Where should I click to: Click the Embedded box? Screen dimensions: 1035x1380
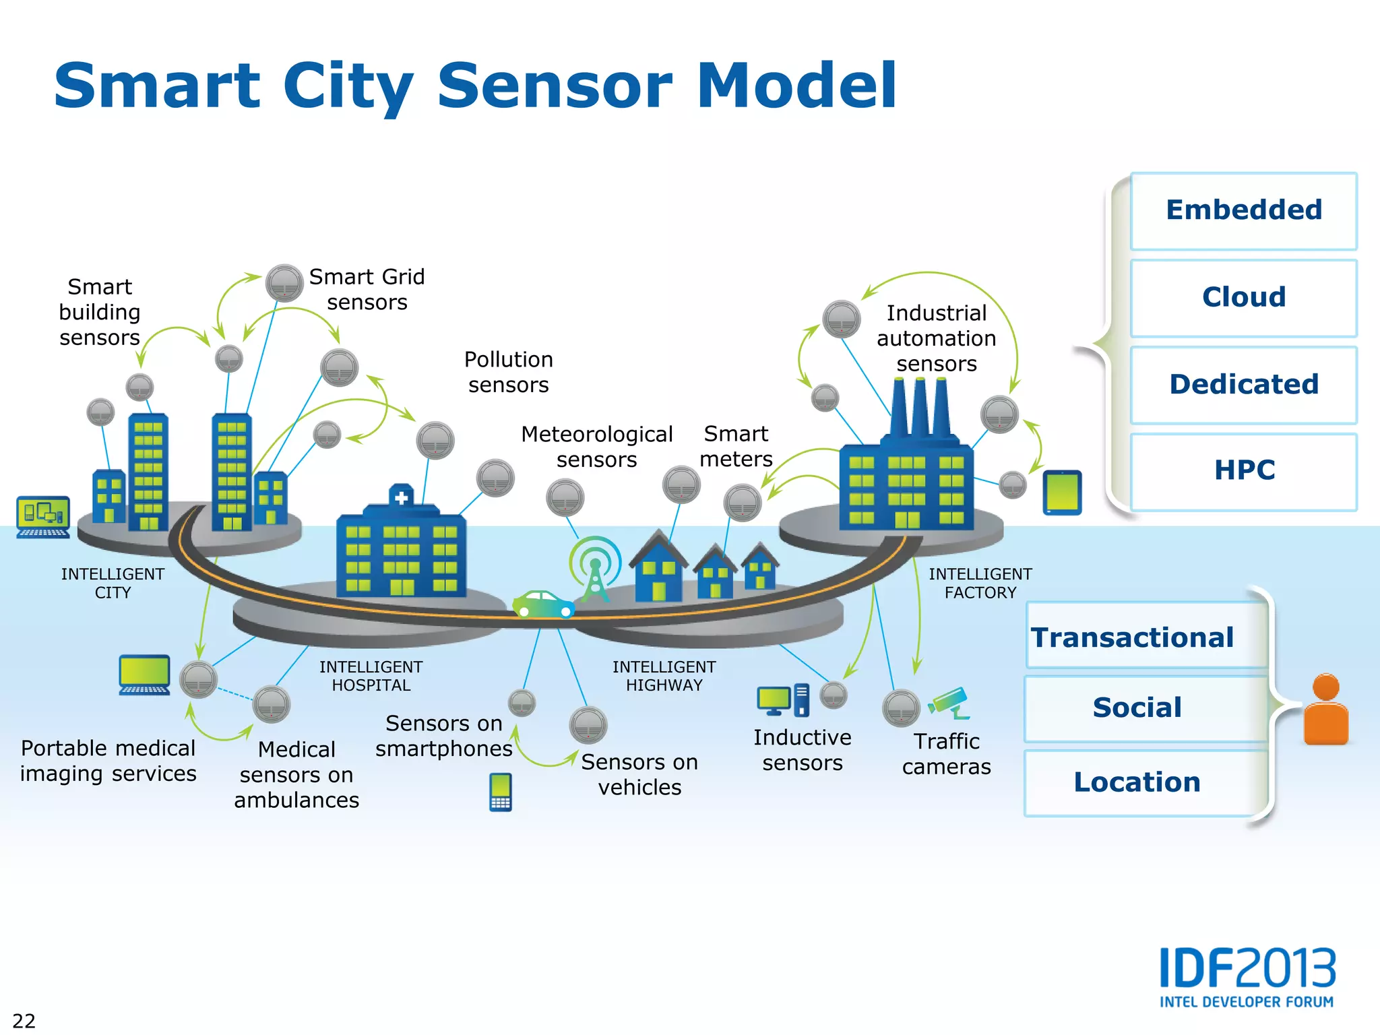coord(1243,211)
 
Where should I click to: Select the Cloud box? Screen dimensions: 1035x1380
coord(1243,298)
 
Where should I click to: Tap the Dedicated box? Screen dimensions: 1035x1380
coord(1243,385)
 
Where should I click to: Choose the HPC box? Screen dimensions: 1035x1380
coord(1243,471)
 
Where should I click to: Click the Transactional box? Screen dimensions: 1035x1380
coord(1146,636)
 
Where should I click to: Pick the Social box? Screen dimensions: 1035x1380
coord(1146,708)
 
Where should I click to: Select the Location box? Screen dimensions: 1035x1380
coord(1146,782)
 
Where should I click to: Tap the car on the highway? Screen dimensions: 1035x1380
coord(543,604)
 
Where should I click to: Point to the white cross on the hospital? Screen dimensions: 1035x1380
coord(402,498)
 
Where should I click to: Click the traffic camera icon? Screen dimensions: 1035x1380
coord(949,703)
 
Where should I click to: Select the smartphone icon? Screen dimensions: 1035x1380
coord(501,792)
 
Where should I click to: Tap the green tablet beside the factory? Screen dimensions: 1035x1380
coord(1062,493)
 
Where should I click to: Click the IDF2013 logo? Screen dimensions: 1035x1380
coord(1247,977)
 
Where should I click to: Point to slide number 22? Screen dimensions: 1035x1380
coord(24,1020)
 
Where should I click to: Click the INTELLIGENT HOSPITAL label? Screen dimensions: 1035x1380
coord(371,676)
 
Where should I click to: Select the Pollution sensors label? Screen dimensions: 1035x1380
coord(508,372)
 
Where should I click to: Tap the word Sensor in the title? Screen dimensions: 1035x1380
coord(555,86)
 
